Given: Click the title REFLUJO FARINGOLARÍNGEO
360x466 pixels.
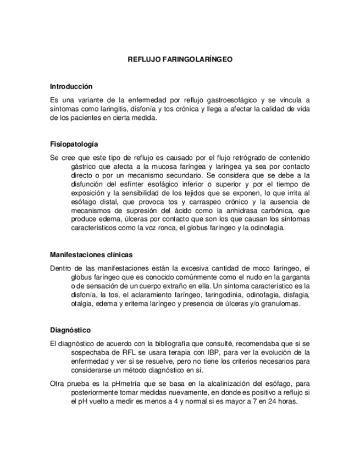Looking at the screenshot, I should click(x=180, y=58).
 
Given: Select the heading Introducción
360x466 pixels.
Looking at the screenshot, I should click(x=71, y=87).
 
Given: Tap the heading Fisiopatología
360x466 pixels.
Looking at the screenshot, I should click(x=74, y=144).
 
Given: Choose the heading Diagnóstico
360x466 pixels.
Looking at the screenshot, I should click(x=70, y=330).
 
